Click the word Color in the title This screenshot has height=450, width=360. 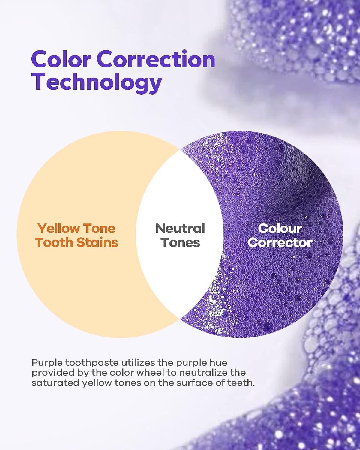61,59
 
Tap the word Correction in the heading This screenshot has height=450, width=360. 156,59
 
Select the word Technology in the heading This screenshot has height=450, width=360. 97,82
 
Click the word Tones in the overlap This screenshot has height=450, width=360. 180,243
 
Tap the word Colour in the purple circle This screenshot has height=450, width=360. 280,228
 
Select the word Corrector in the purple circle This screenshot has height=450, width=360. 280,243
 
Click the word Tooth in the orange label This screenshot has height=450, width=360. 54,243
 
